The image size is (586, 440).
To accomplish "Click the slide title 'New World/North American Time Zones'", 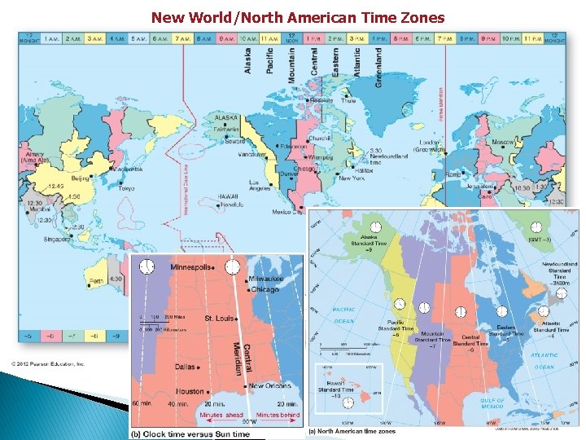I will (x=298, y=17).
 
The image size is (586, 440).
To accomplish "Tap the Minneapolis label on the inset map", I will (x=191, y=267).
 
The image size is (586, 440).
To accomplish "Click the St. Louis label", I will (x=219, y=318).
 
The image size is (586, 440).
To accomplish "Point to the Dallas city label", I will (x=185, y=367).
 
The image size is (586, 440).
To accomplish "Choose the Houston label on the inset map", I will (x=190, y=391).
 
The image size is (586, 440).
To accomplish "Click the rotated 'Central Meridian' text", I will (x=241, y=350).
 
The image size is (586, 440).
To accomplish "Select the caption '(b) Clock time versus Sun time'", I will (x=190, y=434).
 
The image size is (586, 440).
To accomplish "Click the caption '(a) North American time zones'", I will (x=356, y=431).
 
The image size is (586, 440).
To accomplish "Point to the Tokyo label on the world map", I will (x=125, y=188).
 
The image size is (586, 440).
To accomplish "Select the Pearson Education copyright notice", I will (x=48, y=364).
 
